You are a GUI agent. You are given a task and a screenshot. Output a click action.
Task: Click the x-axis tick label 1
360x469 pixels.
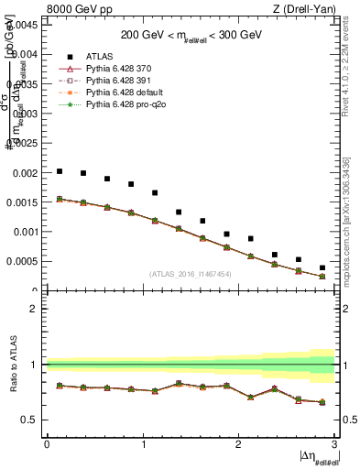coord(143,445)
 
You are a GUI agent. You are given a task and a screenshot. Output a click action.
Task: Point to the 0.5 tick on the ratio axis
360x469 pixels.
coord(29,420)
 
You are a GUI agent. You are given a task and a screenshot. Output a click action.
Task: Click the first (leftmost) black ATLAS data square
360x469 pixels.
coord(60,171)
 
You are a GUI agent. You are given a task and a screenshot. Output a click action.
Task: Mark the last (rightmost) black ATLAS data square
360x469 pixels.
coord(322,267)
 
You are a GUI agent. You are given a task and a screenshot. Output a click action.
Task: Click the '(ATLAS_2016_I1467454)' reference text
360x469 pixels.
coord(191,274)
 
